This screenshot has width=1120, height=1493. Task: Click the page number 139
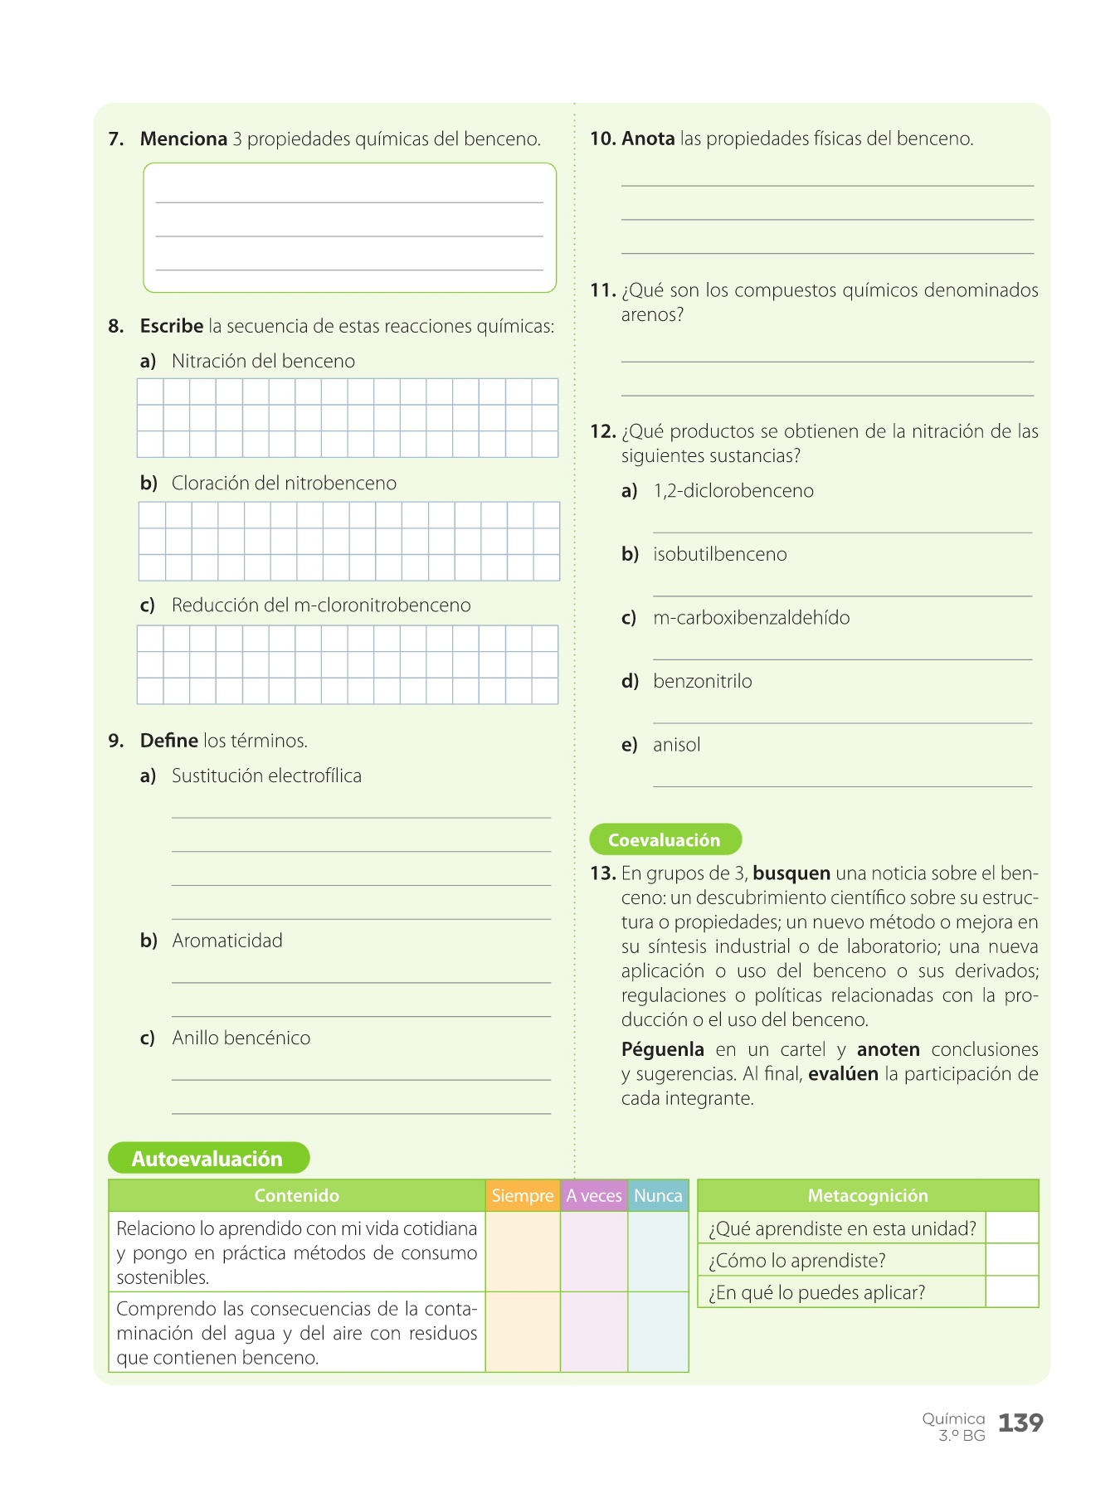[1020, 1423]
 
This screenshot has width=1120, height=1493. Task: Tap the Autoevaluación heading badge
[208, 1158]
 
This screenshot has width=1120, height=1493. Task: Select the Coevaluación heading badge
[665, 839]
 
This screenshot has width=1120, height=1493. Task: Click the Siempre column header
[522, 1195]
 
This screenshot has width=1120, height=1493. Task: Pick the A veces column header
[594, 1195]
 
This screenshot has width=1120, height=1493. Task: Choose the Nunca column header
[658, 1195]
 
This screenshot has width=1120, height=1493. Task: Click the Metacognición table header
[868, 1195]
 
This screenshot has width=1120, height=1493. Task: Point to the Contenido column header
[296, 1195]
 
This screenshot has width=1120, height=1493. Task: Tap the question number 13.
[602, 873]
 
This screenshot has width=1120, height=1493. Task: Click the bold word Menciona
[183, 139]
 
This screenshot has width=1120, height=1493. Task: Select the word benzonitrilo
[703, 681]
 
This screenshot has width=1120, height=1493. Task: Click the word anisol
[676, 745]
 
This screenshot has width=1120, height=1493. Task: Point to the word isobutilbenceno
[720, 554]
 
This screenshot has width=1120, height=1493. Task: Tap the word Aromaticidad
[227, 941]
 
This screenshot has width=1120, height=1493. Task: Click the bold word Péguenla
[663, 1049]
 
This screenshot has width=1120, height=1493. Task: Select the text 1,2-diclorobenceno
[733, 491]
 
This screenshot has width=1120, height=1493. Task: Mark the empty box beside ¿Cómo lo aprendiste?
[1012, 1260]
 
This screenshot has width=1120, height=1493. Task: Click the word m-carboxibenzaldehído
[752, 618]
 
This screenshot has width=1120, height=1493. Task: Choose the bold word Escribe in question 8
[172, 326]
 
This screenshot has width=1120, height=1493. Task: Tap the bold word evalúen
[843, 1074]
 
